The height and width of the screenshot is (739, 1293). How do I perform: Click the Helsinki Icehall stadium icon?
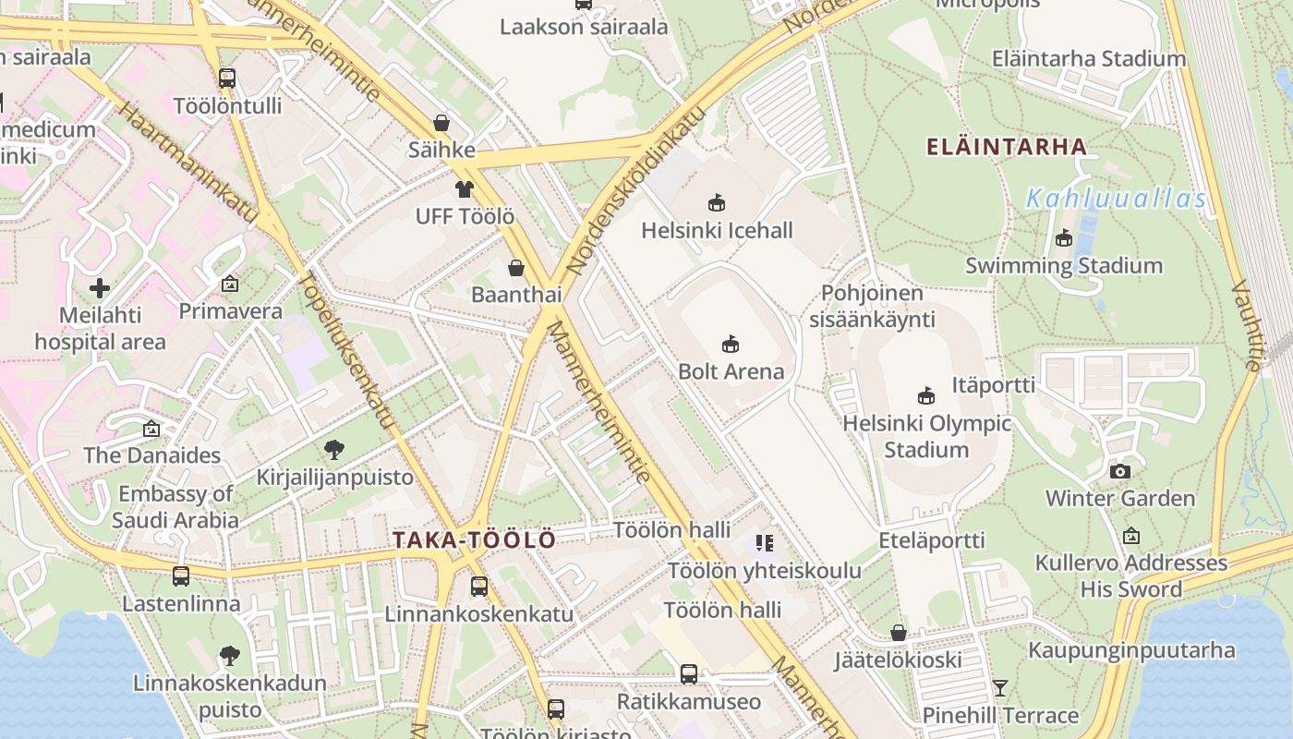click(716, 202)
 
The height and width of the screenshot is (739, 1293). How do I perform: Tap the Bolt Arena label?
click(731, 371)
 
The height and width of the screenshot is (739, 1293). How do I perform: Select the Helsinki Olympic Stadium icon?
click(926, 396)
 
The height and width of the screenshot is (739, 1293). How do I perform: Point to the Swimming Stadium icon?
click(1064, 238)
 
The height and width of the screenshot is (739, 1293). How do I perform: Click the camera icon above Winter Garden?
click(1120, 471)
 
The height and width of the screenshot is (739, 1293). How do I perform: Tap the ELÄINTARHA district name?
click(1006, 146)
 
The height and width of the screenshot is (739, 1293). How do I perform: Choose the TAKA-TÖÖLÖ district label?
click(475, 540)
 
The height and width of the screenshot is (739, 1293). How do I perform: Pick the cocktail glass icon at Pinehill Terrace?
click(999, 687)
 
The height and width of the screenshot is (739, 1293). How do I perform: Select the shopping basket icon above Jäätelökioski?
click(899, 633)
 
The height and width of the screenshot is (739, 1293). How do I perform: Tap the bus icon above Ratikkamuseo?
click(689, 674)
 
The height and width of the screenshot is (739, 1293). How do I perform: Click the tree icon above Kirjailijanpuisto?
click(334, 450)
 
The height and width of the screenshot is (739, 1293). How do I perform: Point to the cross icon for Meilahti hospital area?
click(100, 288)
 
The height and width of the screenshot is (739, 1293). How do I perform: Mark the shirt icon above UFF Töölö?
click(464, 189)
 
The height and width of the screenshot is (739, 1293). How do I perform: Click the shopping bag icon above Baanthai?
click(516, 268)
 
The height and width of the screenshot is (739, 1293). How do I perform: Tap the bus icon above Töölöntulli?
click(227, 79)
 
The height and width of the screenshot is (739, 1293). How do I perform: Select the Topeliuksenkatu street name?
click(348, 353)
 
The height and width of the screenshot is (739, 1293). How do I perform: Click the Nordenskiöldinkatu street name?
click(636, 191)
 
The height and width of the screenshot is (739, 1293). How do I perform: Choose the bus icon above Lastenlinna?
click(181, 576)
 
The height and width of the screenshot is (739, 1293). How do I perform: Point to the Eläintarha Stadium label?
click(1088, 58)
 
